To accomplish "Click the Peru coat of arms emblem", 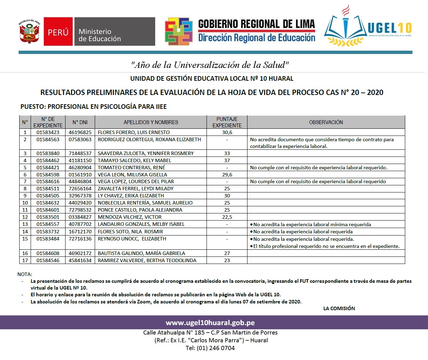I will pos(30,32).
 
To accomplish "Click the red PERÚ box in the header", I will pos(58,32).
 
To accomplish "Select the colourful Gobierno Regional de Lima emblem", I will pos(179,31).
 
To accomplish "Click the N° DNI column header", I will pos(80,122).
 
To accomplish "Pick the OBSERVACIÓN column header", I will pos(326,122).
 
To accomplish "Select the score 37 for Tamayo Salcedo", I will pos(227,160).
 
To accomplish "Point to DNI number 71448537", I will pos(80,153).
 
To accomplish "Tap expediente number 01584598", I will pos(48,175).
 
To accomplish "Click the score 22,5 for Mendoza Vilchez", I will pos(227,217).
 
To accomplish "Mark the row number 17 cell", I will pos(25,260).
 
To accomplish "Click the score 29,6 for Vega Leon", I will pos(227,175).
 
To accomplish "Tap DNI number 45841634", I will pos(80,260).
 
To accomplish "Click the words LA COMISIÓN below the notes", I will pos(339,308).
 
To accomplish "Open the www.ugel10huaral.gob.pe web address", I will pos(210,323).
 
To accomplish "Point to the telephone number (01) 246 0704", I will pos(210,348).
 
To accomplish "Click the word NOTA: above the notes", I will pos(25,274).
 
